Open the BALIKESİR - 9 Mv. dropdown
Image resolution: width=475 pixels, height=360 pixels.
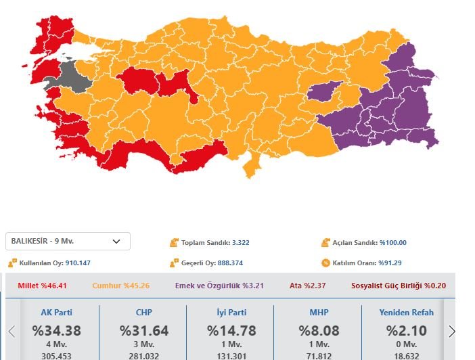[68, 241]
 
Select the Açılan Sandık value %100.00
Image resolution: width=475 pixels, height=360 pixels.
[392, 243]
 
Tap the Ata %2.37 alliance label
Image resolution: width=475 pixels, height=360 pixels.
[307, 286]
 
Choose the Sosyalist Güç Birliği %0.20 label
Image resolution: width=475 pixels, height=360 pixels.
[399, 286]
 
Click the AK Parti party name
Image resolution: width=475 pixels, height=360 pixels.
[57, 313]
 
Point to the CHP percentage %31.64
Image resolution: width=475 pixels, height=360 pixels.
[143, 331]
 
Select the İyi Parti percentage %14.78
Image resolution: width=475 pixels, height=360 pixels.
[231, 331]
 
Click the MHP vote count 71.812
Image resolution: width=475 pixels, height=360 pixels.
[319, 355]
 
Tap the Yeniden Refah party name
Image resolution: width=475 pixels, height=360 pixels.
[404, 313]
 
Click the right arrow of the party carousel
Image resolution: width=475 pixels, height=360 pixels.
[452, 331]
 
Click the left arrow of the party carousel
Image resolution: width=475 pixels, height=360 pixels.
[12, 331]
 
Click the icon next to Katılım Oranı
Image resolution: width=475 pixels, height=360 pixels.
[325, 263]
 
